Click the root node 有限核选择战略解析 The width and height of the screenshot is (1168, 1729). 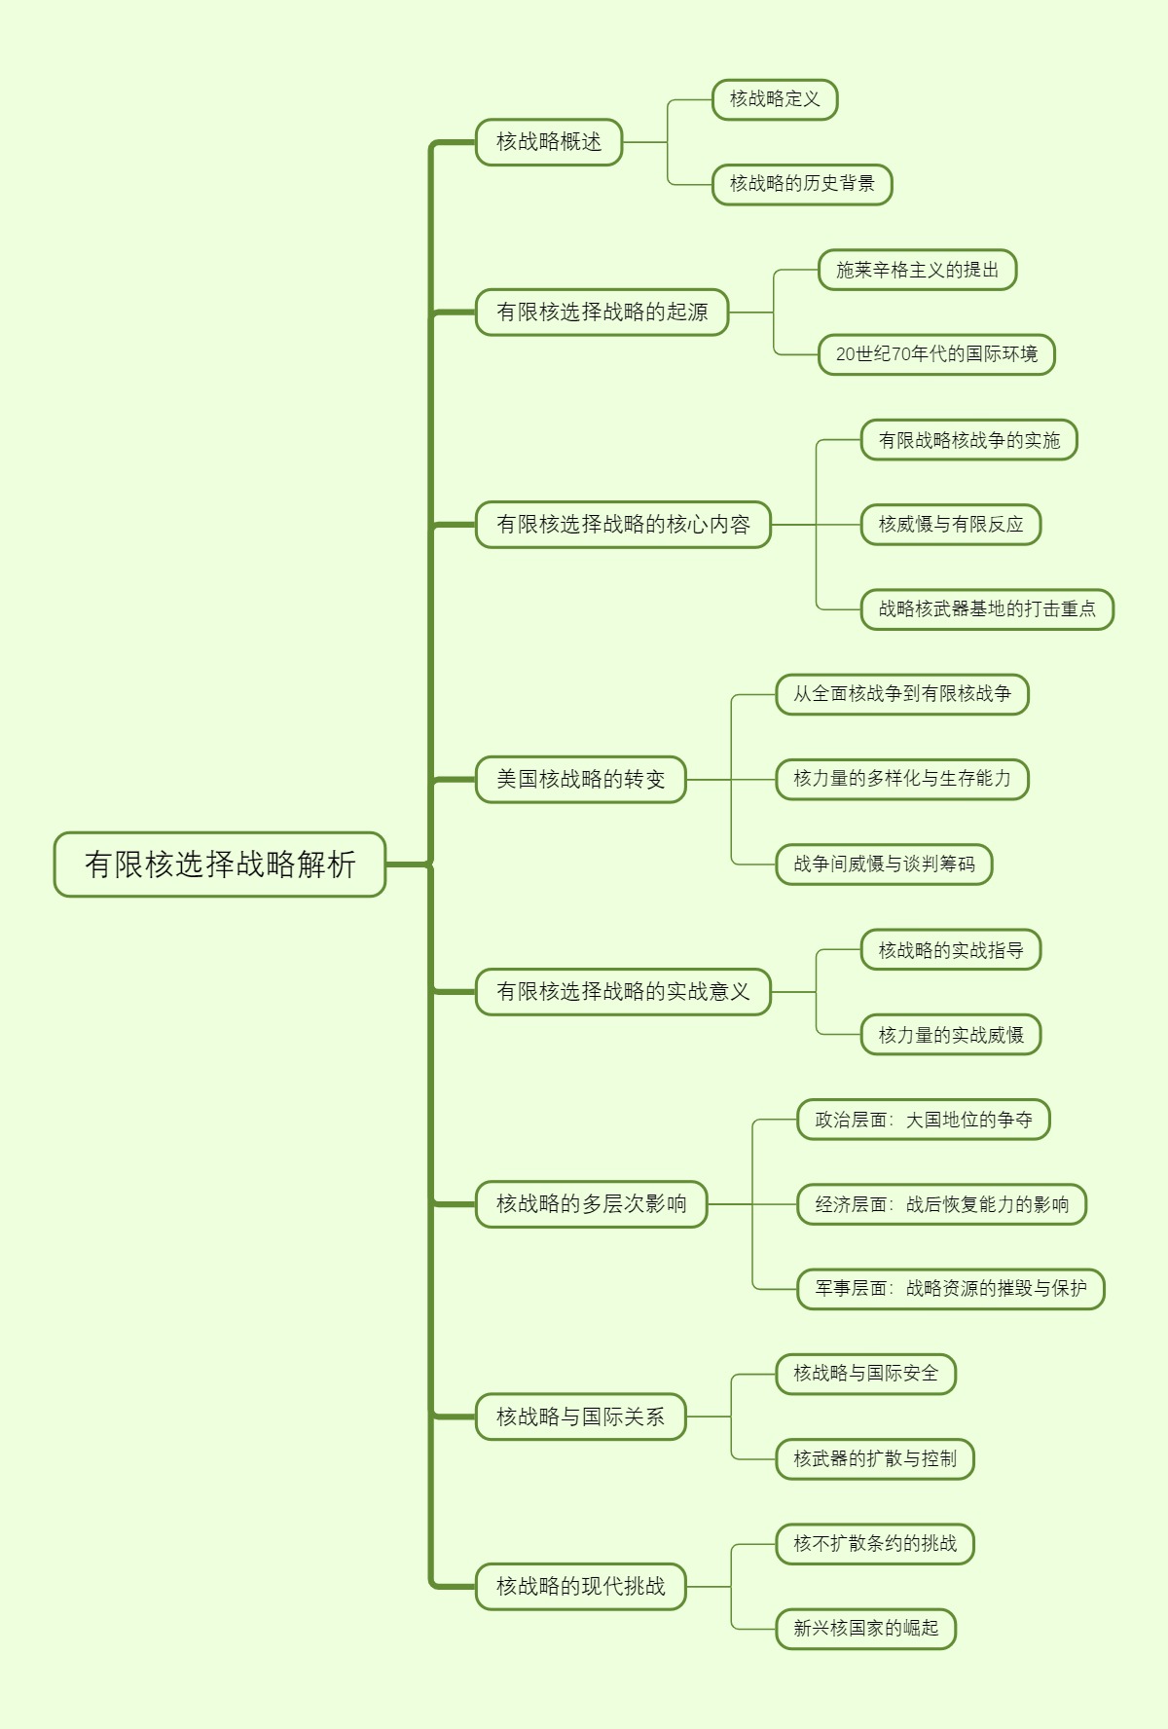coord(220,864)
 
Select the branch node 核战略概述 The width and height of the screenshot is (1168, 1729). coord(549,142)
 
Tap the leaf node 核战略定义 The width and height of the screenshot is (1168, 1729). coord(775,99)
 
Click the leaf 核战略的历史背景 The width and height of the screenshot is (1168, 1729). coord(802,184)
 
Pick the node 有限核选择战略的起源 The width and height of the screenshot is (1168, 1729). coord(602,313)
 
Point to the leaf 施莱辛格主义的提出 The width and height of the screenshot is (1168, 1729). coord(917,271)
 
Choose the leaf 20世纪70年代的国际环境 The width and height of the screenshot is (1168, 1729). coord(936,354)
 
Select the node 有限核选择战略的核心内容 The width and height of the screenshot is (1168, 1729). coord(623,525)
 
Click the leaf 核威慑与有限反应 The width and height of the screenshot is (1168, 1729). coord(951,525)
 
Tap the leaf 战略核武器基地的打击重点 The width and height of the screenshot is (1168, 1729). coord(987,609)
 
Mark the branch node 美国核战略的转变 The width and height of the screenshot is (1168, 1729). coord(581,780)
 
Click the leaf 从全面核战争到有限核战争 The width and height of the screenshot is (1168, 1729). coord(902,694)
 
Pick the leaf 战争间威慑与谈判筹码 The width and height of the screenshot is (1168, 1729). coord(884,864)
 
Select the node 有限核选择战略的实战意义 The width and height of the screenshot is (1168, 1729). coord(623,992)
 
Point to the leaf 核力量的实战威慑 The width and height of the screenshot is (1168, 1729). coord(951,1035)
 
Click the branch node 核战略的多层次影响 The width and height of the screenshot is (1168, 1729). coord(592,1204)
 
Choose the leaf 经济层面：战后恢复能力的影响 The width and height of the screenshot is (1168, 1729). coord(941,1204)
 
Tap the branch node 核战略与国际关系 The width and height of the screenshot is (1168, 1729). coord(581,1416)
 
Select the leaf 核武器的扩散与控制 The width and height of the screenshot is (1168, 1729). coord(875,1459)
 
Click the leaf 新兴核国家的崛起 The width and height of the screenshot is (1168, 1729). coord(866,1629)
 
